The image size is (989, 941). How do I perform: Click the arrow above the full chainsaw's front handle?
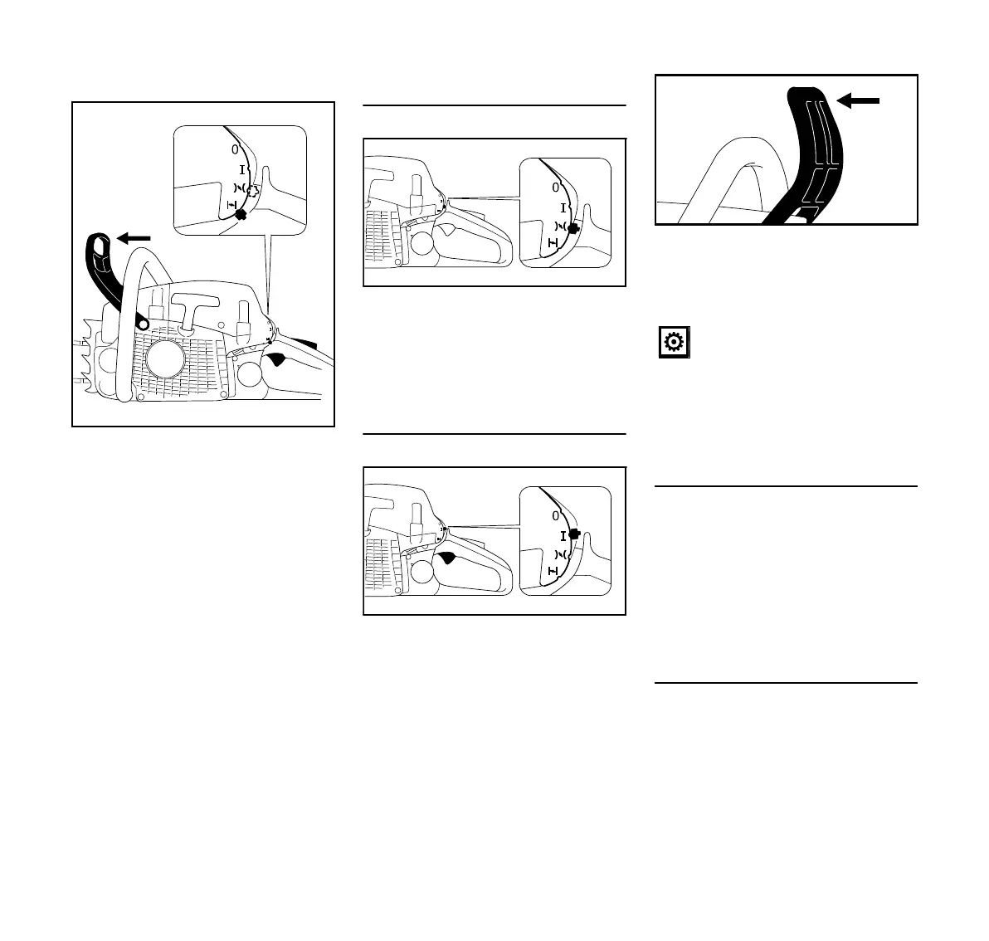pos(133,239)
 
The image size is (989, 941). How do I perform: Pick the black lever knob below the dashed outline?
pos(241,214)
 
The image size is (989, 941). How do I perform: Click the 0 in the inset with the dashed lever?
pos(235,150)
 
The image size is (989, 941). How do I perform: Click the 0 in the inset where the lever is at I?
pos(555,515)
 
